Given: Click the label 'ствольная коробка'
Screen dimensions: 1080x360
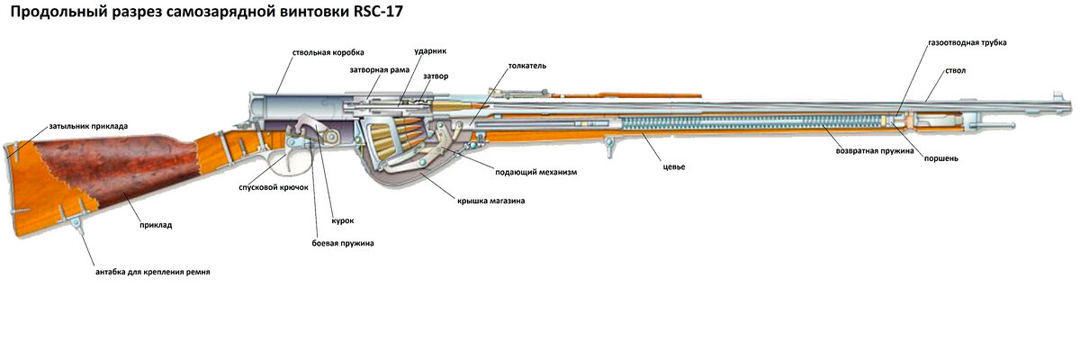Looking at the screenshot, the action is click(x=328, y=52).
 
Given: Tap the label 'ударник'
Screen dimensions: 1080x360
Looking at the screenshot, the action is click(x=430, y=51).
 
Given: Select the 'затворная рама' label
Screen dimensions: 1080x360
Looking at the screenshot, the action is click(x=380, y=70).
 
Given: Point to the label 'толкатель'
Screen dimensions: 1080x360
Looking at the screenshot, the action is click(x=527, y=66).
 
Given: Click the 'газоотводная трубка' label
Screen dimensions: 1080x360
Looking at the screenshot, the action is click(x=967, y=43).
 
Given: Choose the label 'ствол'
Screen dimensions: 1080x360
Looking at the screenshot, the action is click(x=955, y=71).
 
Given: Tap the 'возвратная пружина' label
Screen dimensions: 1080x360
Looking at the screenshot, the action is click(x=875, y=151).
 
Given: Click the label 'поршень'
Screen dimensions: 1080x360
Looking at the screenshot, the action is click(x=941, y=158).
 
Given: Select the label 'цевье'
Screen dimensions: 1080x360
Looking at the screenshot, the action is click(x=674, y=166).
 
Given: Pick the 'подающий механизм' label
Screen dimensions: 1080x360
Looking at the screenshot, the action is click(x=536, y=172).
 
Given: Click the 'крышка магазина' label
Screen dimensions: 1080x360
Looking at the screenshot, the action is click(x=490, y=201).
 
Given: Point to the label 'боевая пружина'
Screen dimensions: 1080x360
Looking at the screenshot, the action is click(x=343, y=243).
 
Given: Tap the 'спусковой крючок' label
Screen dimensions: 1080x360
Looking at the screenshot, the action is click(x=274, y=187).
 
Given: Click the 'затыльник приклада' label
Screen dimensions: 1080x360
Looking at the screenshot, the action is click(x=88, y=126).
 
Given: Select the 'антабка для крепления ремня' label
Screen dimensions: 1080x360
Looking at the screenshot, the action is click(x=153, y=272).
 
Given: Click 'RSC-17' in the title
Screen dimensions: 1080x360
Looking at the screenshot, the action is click(x=378, y=12).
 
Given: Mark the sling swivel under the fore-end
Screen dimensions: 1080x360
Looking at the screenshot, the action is click(x=608, y=147).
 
